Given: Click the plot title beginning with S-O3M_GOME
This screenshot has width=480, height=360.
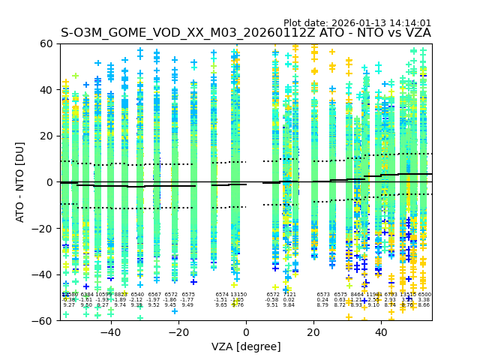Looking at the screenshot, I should point(246,33).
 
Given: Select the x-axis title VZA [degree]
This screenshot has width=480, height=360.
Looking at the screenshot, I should point(246,346).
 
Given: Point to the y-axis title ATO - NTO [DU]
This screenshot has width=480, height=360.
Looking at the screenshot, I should point(21,181).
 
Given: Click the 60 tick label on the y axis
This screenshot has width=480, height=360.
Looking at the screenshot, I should point(46,43).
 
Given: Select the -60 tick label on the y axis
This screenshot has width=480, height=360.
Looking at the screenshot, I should point(43,320).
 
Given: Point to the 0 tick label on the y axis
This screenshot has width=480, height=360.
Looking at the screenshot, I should point(49,182).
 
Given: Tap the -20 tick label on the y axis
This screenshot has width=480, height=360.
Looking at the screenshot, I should point(43,228).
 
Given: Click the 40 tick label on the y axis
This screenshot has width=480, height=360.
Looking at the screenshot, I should point(46,90).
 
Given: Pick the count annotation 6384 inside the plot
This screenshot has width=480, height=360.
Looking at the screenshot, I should point(87,295).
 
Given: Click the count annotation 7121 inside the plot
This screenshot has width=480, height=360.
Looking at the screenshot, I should point(289,295).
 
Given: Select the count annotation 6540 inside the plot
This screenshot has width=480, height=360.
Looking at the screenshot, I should point(137,295).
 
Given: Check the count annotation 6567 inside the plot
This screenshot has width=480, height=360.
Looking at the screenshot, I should point(154,295).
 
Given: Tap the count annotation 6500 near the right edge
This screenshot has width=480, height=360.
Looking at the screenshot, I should point(424,295).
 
